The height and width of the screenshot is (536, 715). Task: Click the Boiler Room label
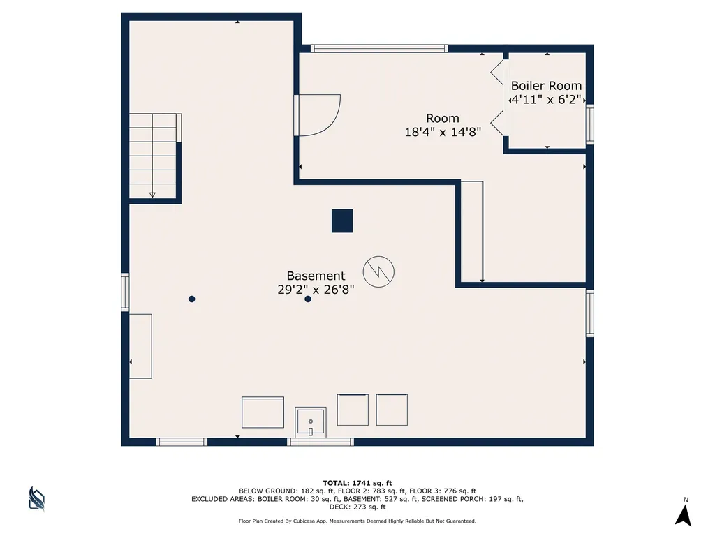[x=546, y=86]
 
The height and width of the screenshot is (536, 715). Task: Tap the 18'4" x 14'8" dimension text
[x=443, y=132]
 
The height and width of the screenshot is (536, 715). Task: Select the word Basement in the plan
[x=316, y=276]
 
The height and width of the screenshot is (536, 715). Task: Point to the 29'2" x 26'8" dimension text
[x=316, y=290]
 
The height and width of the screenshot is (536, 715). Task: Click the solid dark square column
[x=342, y=221]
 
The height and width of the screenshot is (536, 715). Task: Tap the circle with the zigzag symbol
[x=378, y=271]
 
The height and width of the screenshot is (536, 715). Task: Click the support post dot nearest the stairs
[x=191, y=299]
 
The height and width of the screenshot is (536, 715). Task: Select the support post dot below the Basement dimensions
[x=308, y=299]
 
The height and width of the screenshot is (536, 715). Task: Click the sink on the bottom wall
[x=311, y=422]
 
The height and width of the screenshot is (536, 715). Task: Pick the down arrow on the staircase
[x=152, y=195]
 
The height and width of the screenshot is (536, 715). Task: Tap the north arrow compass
[x=684, y=515]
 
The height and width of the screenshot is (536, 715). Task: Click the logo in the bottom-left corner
[x=36, y=498]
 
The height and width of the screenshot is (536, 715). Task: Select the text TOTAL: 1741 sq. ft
[x=357, y=483]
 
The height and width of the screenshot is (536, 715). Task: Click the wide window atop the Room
[x=379, y=48]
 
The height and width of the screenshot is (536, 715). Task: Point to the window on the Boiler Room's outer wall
[x=589, y=124]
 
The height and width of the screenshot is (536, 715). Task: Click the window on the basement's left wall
[x=125, y=292]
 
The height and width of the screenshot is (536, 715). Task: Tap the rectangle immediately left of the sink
[x=263, y=412]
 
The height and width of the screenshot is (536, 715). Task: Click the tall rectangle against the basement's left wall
[x=140, y=346]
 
